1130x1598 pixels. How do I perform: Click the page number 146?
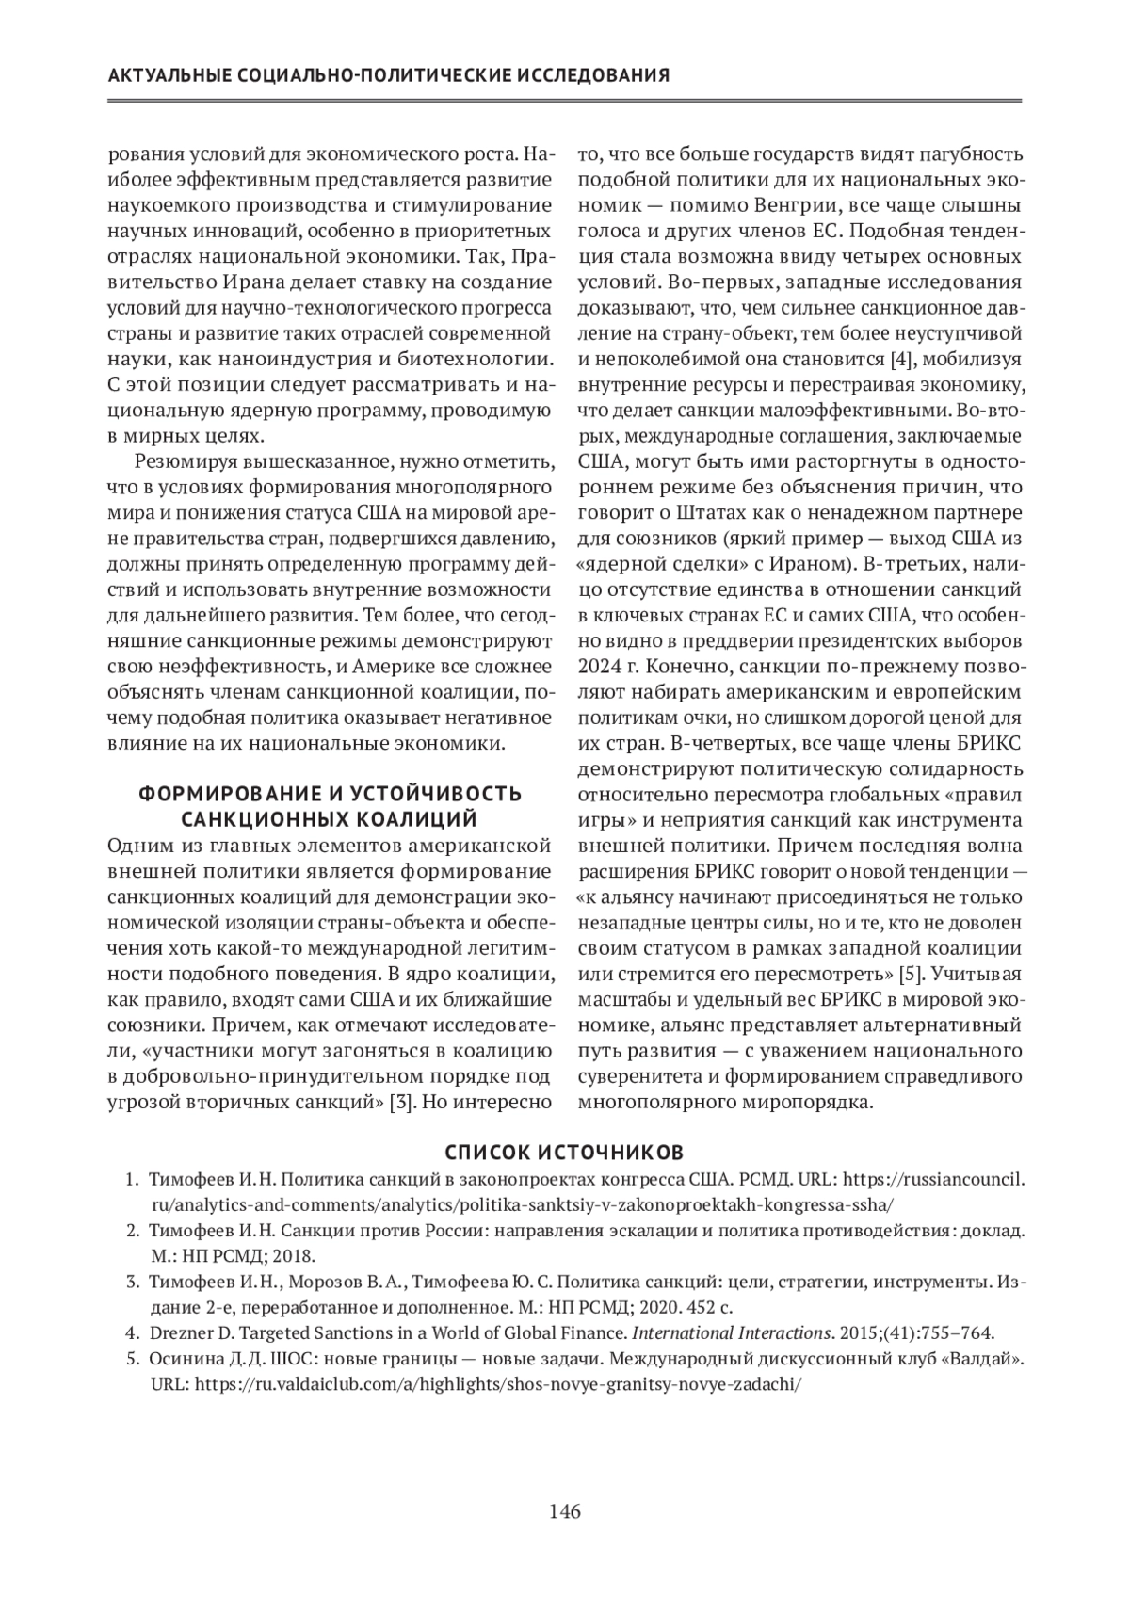(x=565, y=1512)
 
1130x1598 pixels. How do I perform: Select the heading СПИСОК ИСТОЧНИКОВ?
(x=565, y=1152)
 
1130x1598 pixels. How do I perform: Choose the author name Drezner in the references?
(x=179, y=1332)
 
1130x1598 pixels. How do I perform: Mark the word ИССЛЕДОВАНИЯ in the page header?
(x=592, y=75)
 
